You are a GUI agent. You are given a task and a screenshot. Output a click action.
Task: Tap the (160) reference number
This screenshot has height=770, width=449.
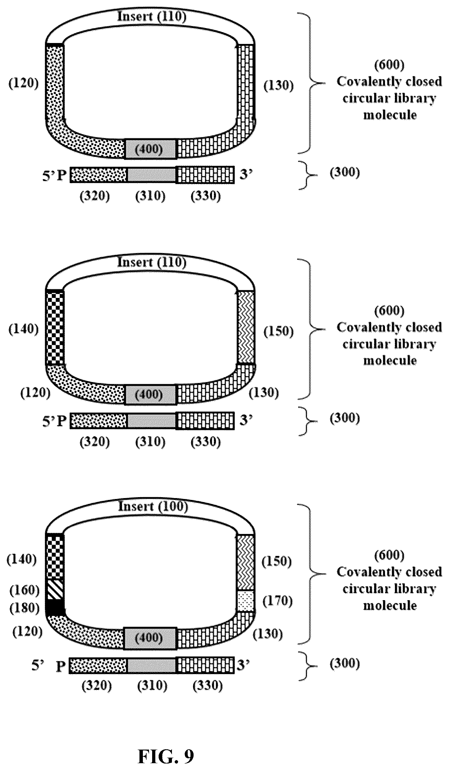[25, 590]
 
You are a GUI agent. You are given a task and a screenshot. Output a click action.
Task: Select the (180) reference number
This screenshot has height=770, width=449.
[25, 608]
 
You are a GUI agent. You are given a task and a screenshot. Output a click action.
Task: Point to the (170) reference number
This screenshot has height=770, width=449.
[277, 601]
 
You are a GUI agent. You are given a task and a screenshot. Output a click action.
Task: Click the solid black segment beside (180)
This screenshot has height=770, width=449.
[55, 607]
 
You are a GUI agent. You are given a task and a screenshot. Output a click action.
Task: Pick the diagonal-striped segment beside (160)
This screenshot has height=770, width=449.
[55, 589]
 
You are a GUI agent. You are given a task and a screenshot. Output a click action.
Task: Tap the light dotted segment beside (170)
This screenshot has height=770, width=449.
[246, 601]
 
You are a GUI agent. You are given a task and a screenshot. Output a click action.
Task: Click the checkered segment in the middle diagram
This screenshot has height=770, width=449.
[55, 328]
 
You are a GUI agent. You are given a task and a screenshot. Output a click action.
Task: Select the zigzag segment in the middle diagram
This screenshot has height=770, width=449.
[246, 327]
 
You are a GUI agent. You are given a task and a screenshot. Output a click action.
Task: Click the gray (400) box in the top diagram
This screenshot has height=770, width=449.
[150, 149]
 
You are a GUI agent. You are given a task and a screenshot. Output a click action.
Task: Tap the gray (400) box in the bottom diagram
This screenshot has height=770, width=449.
[150, 638]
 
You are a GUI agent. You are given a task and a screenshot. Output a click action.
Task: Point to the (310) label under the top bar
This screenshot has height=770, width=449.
[150, 196]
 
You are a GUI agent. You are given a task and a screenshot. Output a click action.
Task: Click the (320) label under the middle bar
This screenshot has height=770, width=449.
[95, 442]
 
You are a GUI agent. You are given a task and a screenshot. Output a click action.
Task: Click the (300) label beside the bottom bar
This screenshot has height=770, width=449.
[345, 663]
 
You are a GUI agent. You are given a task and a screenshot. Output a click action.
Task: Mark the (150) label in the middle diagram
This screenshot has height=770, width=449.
[279, 331]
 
